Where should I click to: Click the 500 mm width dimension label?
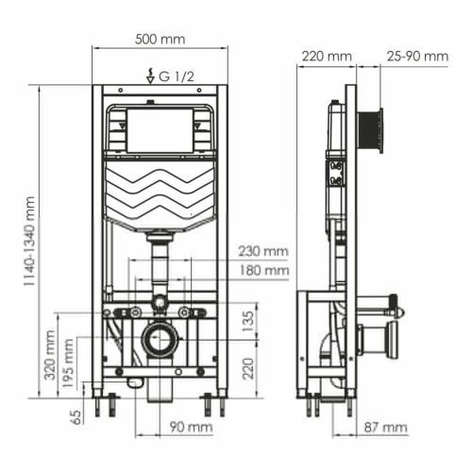point(160,40)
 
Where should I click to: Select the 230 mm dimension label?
point(262,251)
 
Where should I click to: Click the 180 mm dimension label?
point(262,270)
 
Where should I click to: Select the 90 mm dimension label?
point(192,428)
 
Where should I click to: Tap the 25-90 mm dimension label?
point(417,57)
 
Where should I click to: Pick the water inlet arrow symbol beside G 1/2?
point(149,75)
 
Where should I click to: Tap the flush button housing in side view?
point(372,130)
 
